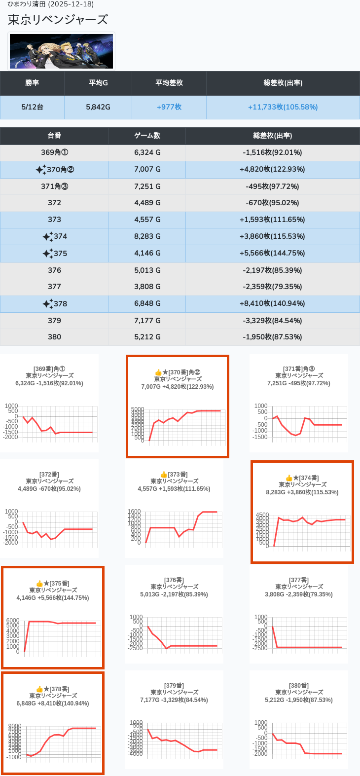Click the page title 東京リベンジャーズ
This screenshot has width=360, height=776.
58,20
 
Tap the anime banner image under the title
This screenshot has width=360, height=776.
62,51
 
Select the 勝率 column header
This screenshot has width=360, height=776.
32,83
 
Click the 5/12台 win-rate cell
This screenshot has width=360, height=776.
32,107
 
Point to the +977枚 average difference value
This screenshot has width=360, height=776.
169,107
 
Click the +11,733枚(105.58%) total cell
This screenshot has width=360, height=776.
283,107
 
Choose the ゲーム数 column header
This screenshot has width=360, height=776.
147,136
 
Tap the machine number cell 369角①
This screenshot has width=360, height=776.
54,152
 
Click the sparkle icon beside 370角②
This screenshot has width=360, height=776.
40,170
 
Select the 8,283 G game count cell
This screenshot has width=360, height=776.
147,236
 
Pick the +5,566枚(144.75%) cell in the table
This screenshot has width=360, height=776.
272,253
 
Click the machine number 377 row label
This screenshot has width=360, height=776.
54,287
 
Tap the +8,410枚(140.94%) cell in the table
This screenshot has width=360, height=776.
272,303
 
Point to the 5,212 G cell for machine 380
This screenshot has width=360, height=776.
147,337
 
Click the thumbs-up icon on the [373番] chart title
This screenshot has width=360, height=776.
164,475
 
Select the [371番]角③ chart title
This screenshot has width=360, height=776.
298,369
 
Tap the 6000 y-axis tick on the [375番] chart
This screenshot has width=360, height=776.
13,621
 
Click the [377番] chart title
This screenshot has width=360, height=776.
298,580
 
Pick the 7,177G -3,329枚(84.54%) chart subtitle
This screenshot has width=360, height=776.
174,700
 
